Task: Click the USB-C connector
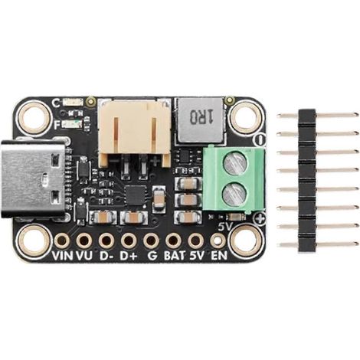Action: tap(33, 178)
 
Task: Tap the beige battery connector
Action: tap(134, 133)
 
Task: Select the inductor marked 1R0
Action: tap(201, 120)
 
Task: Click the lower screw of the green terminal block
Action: tap(234, 195)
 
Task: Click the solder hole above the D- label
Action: tap(106, 241)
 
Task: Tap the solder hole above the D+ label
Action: tap(129, 241)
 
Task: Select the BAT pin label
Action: tap(175, 256)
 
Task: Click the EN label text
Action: tap(219, 256)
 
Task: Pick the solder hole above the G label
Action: tap(151, 241)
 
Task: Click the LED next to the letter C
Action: tap(74, 103)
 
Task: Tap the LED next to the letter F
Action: tap(73, 124)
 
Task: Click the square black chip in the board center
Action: tap(136, 195)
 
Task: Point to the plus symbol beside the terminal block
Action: tap(260, 219)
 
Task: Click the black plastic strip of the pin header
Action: tap(307, 181)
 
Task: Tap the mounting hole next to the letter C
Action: tap(34, 118)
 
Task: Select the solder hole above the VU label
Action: tap(83, 241)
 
